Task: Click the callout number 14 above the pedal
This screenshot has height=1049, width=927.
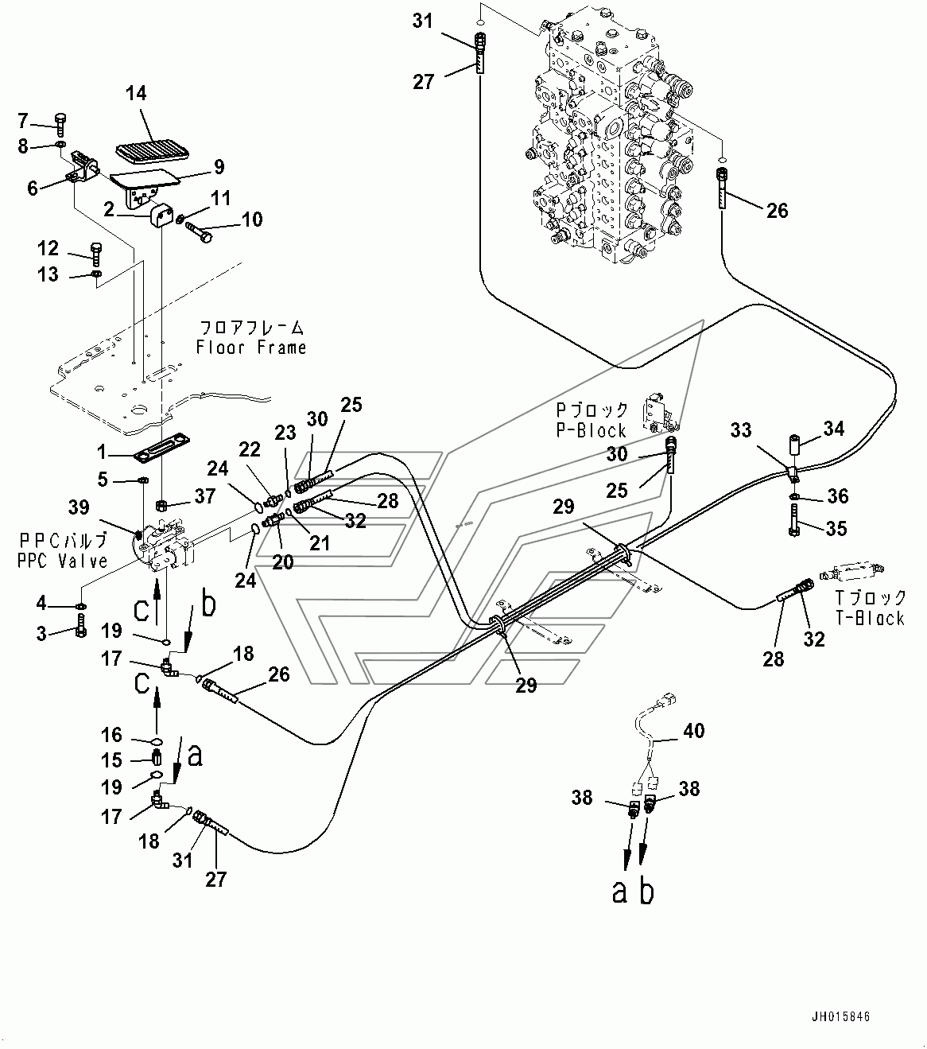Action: (x=136, y=94)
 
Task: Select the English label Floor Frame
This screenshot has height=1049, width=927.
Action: (x=252, y=348)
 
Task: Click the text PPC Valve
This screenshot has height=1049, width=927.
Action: (x=62, y=561)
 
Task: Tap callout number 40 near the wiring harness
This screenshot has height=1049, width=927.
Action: (x=693, y=729)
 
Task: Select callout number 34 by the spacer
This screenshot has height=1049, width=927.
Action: (x=833, y=430)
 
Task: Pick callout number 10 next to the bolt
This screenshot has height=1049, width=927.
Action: (x=251, y=220)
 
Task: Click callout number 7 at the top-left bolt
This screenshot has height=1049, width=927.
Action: (x=23, y=121)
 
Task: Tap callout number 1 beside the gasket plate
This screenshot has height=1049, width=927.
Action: (x=101, y=452)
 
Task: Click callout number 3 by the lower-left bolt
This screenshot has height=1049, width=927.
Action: (x=42, y=633)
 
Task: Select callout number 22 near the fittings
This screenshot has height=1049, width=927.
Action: (x=250, y=450)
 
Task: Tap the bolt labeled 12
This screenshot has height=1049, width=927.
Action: (x=95, y=254)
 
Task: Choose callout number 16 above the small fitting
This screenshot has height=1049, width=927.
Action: (x=111, y=734)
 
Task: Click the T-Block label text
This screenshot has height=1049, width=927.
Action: (x=871, y=617)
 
